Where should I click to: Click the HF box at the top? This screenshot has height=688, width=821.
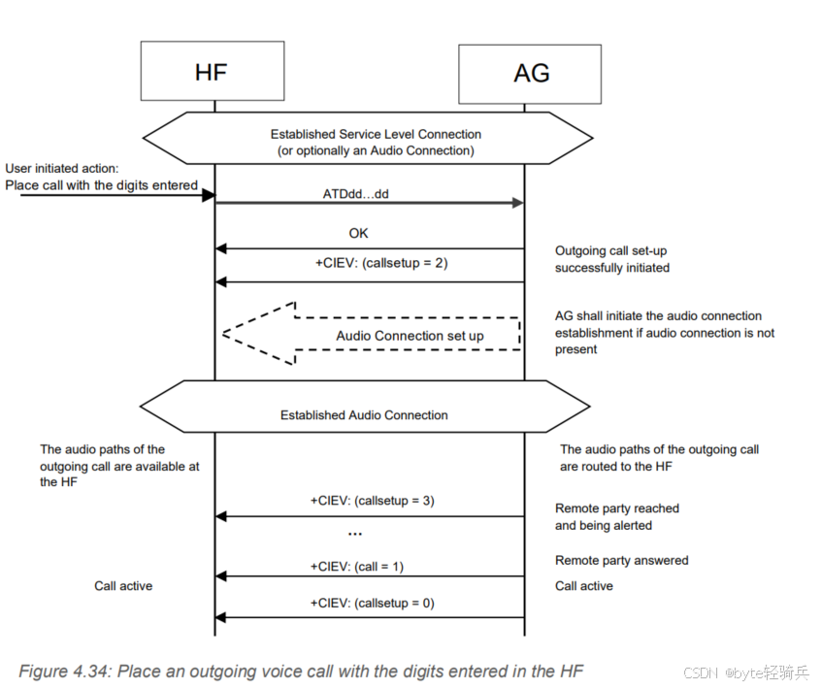point(213,71)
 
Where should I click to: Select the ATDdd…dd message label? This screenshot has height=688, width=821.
point(355,194)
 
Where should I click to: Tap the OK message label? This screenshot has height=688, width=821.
point(359,234)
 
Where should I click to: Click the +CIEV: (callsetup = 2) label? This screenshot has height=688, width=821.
point(369,262)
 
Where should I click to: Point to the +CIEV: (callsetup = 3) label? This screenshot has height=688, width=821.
point(369,501)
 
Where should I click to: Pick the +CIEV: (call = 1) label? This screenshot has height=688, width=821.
point(357,566)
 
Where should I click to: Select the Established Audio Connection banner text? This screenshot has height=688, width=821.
point(364,415)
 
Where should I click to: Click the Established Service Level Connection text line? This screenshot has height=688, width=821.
point(376,134)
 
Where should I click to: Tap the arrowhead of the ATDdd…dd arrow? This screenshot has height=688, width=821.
point(516,203)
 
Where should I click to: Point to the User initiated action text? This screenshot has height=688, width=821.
point(62,168)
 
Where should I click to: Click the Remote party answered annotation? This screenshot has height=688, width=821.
point(621,560)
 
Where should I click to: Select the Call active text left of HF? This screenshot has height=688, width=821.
point(123,586)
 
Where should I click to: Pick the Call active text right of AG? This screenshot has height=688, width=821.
point(584,586)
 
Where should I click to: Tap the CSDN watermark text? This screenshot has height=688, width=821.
point(700,672)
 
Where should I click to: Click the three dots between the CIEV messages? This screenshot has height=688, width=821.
point(354,535)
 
